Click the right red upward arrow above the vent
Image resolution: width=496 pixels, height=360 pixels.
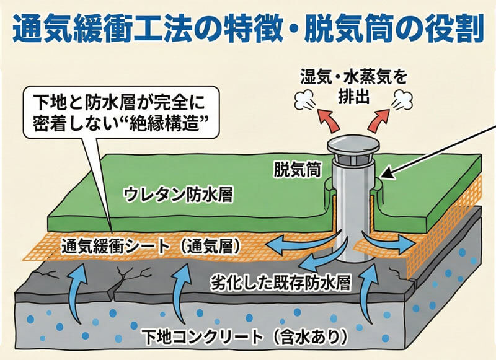[x=378, y=118]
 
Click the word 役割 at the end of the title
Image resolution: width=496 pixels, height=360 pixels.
[x=455, y=29]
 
